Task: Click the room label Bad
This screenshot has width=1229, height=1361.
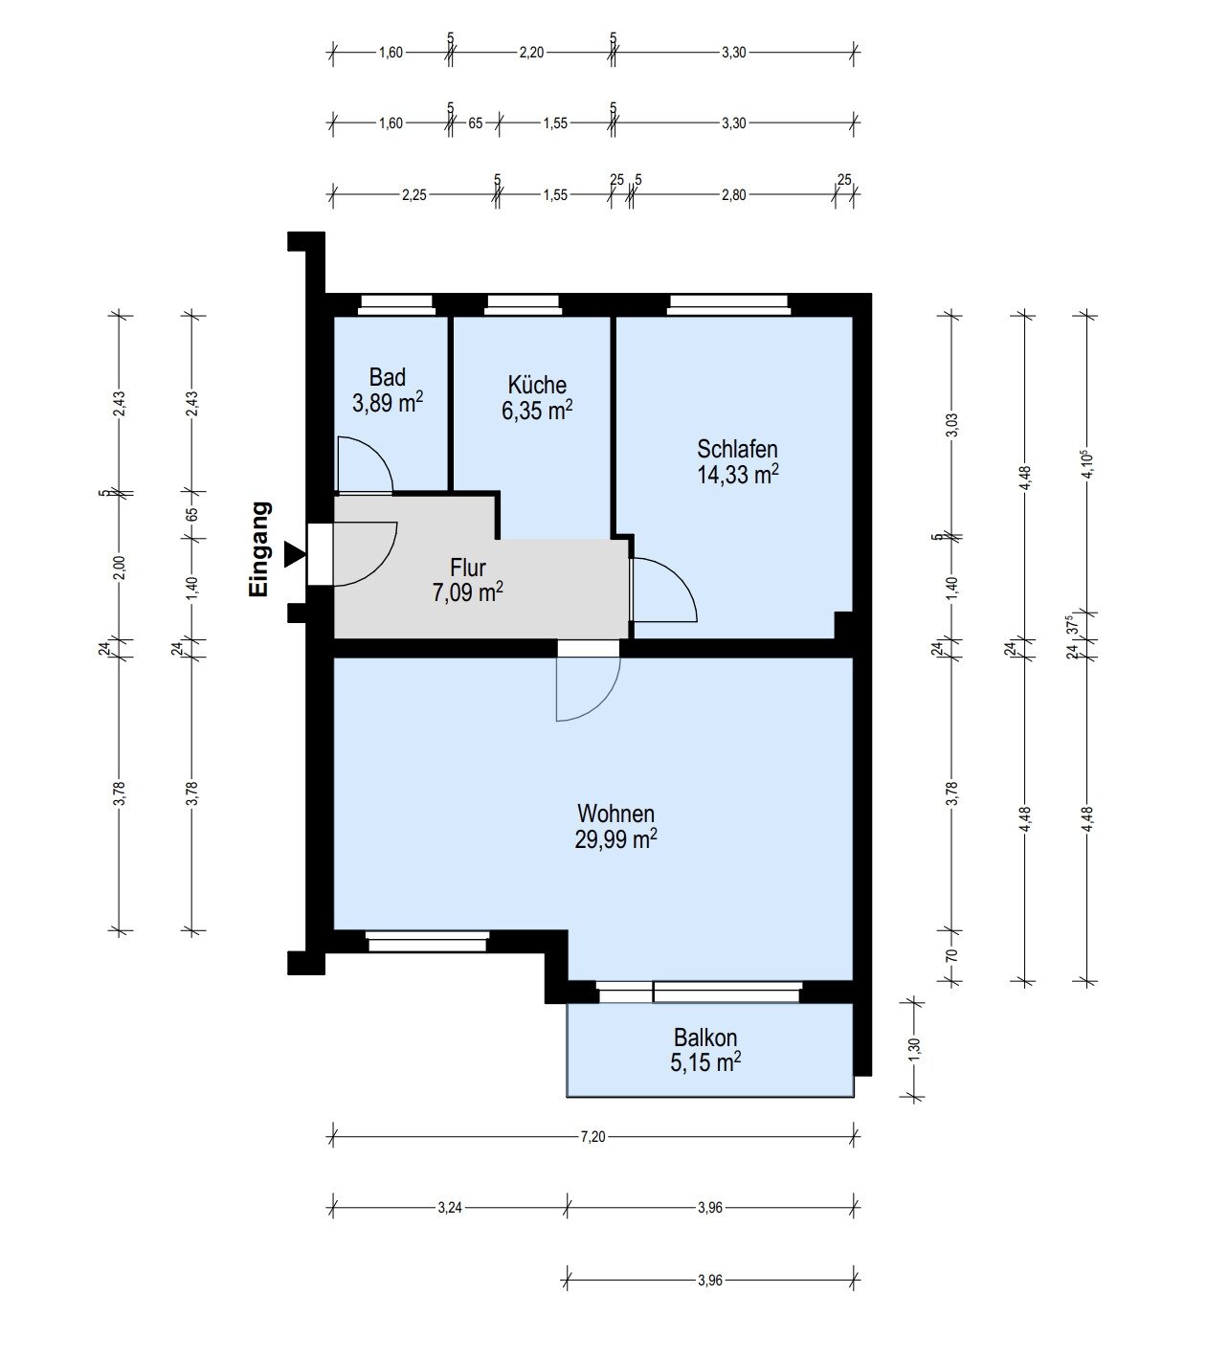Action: pyautogui.click(x=388, y=376)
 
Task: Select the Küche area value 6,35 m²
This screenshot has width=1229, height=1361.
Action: pyautogui.click(x=537, y=411)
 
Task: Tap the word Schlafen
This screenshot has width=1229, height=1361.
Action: pyautogui.click(x=737, y=449)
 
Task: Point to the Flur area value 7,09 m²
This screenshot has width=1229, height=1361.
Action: pyautogui.click(x=467, y=594)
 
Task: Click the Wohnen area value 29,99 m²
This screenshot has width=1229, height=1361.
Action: pyautogui.click(x=615, y=839)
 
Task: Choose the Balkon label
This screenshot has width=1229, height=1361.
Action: pyautogui.click(x=705, y=1037)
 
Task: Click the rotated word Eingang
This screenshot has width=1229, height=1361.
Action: pyautogui.click(x=259, y=550)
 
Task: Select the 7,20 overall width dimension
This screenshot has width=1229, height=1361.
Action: pyautogui.click(x=593, y=1136)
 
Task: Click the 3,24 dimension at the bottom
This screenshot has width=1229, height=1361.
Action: pyautogui.click(x=450, y=1208)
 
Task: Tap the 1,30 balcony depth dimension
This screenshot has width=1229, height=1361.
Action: pyautogui.click(x=914, y=1048)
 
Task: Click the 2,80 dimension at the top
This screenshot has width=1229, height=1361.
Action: pyautogui.click(x=733, y=194)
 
